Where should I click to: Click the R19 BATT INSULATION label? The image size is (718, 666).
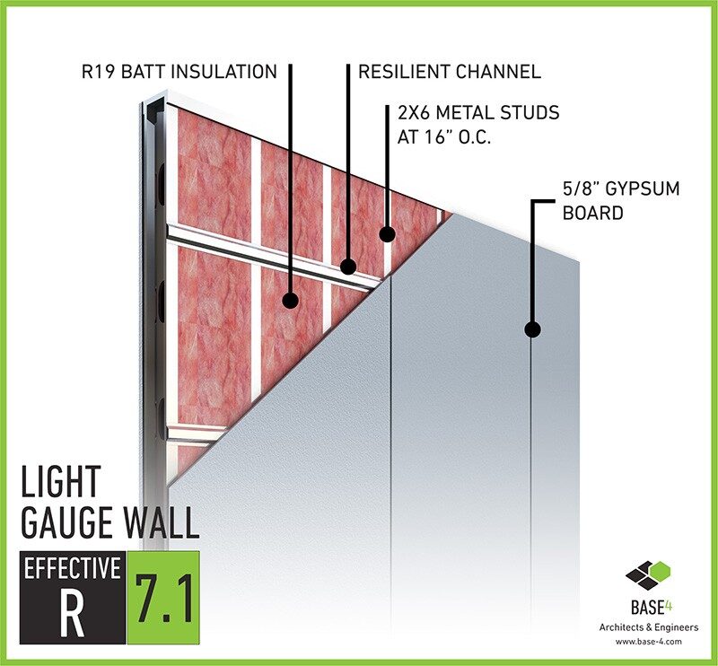click(179, 72)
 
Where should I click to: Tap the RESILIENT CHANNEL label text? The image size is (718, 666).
click(450, 72)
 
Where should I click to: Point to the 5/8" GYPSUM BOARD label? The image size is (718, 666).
click(621, 201)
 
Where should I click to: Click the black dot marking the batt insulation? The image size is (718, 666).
click(290, 301)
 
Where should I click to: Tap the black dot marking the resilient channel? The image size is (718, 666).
click(348, 266)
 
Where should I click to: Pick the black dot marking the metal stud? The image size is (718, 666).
click(387, 234)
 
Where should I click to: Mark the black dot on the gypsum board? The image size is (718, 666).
click(532, 329)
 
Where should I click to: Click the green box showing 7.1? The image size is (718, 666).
click(163, 597)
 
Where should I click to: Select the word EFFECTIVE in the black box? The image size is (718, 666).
click(73, 568)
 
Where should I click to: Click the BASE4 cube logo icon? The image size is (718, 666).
click(648, 576)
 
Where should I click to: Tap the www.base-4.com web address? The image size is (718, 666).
click(648, 641)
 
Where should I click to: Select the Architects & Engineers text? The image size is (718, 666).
click(649, 627)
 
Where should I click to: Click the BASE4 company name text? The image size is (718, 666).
click(651, 608)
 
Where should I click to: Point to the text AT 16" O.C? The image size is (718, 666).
click(443, 137)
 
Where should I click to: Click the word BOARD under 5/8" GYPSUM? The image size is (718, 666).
click(592, 213)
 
